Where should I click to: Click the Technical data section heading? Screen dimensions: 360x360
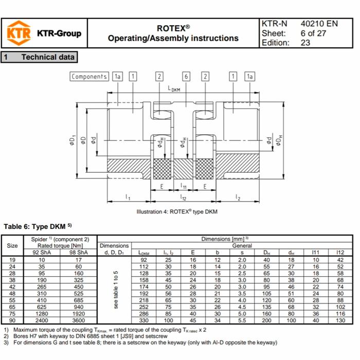48,58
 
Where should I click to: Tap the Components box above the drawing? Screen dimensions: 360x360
89,77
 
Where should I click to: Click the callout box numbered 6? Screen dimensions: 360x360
186,77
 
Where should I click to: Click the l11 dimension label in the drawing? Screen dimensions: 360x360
183,187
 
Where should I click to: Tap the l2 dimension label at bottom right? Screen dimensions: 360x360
238,197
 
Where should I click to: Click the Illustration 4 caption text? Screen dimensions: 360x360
177,212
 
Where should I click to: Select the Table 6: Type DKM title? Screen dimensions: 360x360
38,226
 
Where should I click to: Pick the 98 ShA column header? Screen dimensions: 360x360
79,252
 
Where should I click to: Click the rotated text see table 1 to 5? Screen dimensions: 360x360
115,290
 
